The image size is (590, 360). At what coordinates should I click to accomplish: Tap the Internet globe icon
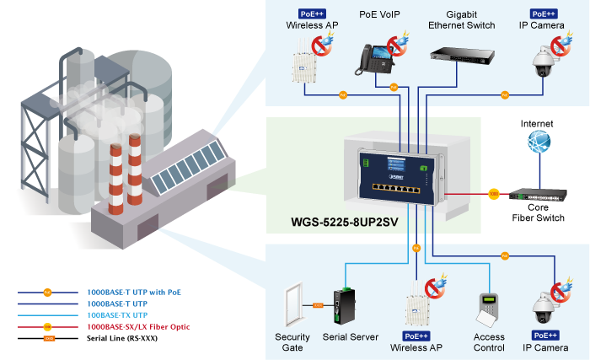coord(539,141)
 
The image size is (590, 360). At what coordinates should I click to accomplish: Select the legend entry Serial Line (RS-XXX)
coord(122,338)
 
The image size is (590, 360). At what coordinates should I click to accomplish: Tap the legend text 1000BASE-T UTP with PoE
coord(134,292)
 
